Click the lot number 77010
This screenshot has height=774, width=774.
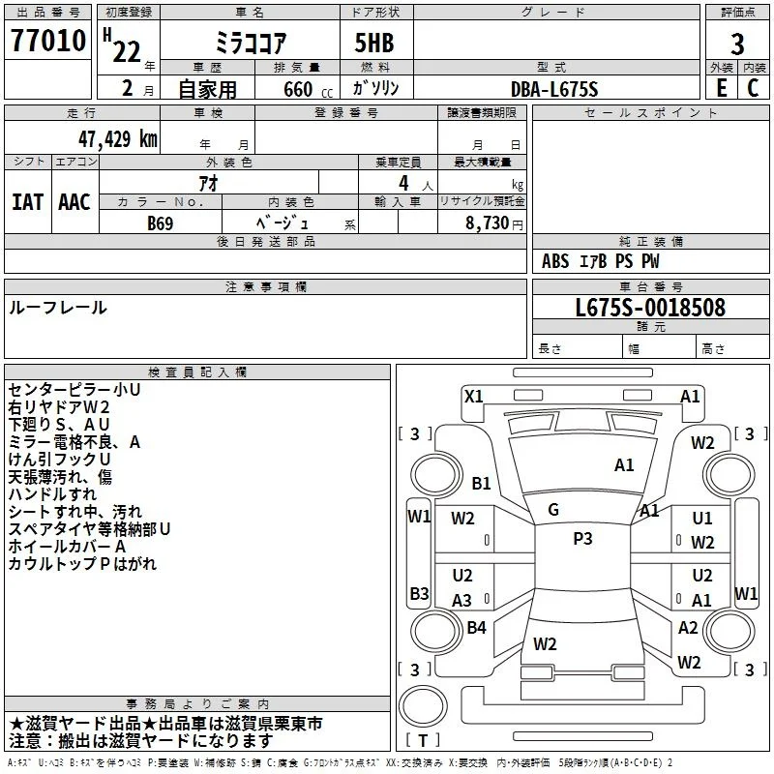[48, 40]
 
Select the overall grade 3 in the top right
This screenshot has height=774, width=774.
[737, 45]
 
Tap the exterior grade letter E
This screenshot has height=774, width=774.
[722, 88]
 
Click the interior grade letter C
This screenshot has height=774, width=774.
[753, 88]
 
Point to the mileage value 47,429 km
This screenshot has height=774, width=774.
[118, 138]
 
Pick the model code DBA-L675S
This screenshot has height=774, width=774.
[554, 89]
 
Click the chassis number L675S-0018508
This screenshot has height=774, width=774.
[650, 308]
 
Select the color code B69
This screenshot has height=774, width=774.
[161, 223]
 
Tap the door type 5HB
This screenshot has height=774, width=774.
[374, 43]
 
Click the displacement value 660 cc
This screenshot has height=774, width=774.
[308, 89]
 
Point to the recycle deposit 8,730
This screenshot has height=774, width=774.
[488, 223]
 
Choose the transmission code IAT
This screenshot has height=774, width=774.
[27, 202]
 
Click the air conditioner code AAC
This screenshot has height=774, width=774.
[74, 202]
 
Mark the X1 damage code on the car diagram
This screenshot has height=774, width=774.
[474, 396]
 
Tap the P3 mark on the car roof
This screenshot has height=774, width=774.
[582, 539]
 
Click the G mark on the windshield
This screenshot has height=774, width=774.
[553, 510]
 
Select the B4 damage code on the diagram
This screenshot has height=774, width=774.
[476, 627]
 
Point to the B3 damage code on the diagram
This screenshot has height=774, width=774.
[419, 593]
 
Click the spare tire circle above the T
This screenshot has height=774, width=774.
[423, 706]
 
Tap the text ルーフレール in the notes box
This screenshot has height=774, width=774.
[58, 308]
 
